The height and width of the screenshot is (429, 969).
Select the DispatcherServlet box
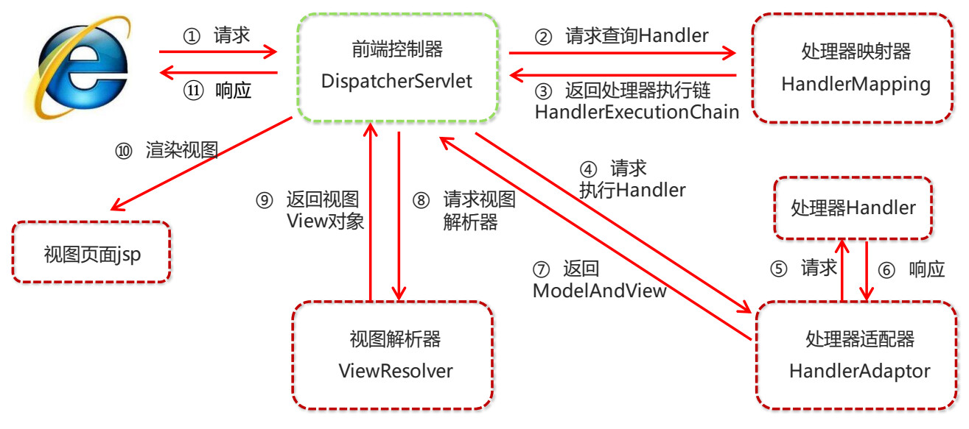click(396, 66)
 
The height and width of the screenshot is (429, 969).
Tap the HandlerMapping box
click(856, 67)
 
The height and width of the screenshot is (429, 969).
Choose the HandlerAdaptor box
click(859, 354)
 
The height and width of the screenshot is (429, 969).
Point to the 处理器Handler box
click(853, 208)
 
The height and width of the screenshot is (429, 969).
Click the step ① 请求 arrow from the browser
click(218, 52)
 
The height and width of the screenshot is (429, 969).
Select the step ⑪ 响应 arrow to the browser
click(218, 72)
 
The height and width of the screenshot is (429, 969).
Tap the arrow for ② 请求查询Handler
click(623, 52)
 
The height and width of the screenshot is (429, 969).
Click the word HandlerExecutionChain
click(637, 112)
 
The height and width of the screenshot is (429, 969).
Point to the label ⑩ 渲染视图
click(167, 150)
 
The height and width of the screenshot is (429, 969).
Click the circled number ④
click(589, 169)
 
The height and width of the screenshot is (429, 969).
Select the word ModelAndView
click(599, 291)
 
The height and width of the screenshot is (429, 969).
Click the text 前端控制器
click(397, 50)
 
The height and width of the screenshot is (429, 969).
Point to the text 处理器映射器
click(856, 52)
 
